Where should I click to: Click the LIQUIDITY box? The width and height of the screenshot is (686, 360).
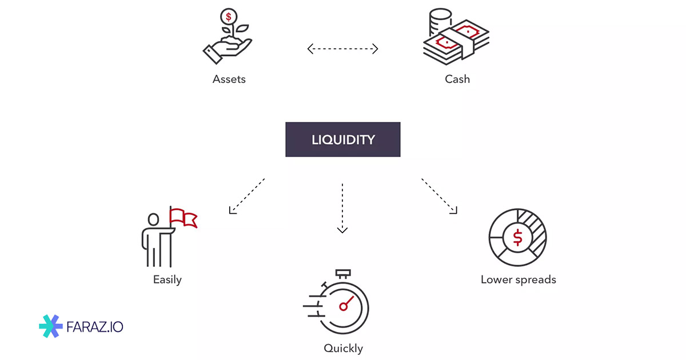click(343, 139)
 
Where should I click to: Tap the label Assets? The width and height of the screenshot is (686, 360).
click(229, 79)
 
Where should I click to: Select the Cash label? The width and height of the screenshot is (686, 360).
click(457, 79)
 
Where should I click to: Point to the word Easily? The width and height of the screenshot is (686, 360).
click(167, 280)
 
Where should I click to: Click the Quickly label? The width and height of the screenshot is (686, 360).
click(343, 348)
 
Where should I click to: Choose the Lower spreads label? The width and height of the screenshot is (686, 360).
click(518, 280)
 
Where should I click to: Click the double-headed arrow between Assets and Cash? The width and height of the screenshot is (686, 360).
click(343, 49)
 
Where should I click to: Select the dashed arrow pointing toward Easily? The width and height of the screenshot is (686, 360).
click(246, 196)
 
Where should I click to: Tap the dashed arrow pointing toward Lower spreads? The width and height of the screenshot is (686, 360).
click(440, 196)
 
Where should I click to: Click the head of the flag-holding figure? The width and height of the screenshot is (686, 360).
click(153, 220)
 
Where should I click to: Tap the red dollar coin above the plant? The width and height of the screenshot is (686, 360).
click(229, 17)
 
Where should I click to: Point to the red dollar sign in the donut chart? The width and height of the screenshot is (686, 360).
click(518, 237)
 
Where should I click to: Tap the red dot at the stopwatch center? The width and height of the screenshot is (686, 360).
click(343, 307)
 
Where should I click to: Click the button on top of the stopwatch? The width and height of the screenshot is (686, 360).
click(343, 273)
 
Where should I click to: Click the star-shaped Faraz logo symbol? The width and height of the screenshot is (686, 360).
click(50, 326)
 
